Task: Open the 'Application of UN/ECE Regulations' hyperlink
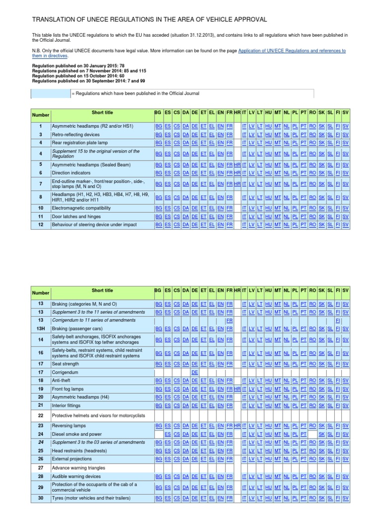pyautogui.click(x=292, y=51)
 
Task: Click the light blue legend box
pyautogui.click(x=51, y=93)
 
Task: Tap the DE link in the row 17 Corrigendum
pyautogui.click(x=194, y=372)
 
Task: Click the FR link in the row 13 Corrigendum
pyautogui.click(x=229, y=321)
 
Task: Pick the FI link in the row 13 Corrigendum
pyautogui.click(x=337, y=321)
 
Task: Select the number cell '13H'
pyautogui.click(x=41, y=329)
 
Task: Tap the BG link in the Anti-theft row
pyautogui.click(x=158, y=380)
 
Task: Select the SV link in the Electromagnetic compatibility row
pyautogui.click(x=346, y=208)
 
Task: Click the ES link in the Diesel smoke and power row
pyautogui.click(x=168, y=434)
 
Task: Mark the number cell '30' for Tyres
pyautogui.click(x=41, y=498)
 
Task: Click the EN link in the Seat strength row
pyautogui.click(x=220, y=363)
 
